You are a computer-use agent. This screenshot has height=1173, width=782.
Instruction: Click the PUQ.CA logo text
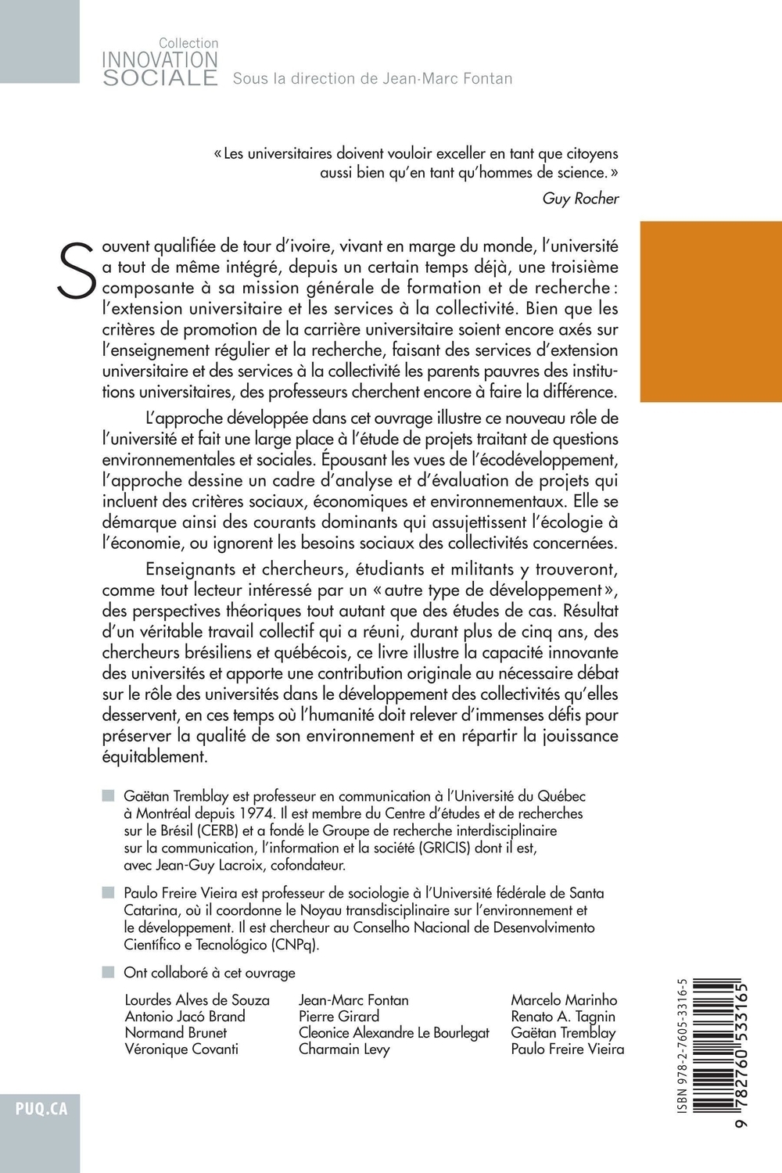point(41,1109)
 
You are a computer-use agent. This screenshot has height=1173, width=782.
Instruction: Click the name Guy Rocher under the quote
point(580,199)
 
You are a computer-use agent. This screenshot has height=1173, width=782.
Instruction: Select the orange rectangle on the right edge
point(710,311)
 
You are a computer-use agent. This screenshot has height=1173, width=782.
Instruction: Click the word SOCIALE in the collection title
point(160,77)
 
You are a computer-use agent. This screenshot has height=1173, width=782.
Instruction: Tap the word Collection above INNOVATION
point(188,44)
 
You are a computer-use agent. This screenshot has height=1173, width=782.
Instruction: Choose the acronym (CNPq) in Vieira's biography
point(290,944)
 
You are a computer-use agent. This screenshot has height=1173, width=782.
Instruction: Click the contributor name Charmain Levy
point(344,1049)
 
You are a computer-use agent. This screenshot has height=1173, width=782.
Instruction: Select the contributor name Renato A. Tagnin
point(563,1017)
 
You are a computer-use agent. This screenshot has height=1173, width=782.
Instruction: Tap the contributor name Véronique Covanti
point(181,1049)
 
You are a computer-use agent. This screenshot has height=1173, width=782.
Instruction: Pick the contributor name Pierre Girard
point(339,1017)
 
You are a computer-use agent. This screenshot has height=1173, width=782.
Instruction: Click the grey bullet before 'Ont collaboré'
point(108,973)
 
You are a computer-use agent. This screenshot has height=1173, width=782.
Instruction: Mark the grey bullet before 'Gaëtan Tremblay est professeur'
point(108,796)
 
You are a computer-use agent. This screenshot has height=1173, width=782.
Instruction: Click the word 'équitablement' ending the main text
point(154,757)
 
